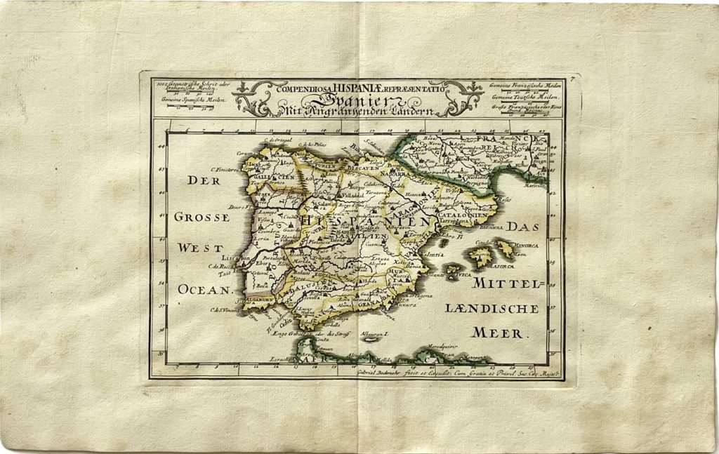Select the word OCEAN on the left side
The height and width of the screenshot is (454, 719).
coord(204,288)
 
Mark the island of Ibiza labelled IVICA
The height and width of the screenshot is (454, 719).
coord(463,276)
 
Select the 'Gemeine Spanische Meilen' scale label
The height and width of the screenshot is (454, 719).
coord(187,100)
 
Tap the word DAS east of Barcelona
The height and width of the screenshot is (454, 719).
coord(521,227)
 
